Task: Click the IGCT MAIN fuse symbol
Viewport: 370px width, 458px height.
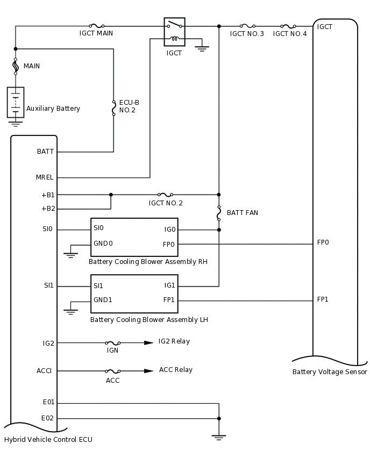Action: click(96, 26)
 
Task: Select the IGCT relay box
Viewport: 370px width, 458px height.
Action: click(174, 31)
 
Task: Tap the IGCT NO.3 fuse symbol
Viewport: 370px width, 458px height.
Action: click(247, 26)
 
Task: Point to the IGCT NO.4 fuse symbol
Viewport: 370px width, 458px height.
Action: click(288, 26)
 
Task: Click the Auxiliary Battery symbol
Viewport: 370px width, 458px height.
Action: click(16, 102)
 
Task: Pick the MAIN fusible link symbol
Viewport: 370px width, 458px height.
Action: click(16, 66)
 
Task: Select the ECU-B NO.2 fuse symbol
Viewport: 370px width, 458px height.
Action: click(113, 108)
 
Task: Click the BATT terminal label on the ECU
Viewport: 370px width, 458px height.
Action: click(45, 152)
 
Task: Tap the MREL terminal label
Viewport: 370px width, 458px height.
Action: click(45, 177)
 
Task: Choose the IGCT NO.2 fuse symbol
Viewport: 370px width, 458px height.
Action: click(165, 195)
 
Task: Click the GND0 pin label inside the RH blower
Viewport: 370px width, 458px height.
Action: click(103, 244)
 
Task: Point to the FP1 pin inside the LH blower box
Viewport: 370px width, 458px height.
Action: click(169, 300)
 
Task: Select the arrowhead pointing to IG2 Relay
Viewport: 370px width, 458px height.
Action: click(148, 342)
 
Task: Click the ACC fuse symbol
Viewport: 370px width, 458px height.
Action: click(112, 371)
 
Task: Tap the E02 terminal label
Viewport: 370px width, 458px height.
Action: click(48, 418)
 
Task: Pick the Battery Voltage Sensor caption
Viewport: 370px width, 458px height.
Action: click(329, 371)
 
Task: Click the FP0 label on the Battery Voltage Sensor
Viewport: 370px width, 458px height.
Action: click(323, 242)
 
